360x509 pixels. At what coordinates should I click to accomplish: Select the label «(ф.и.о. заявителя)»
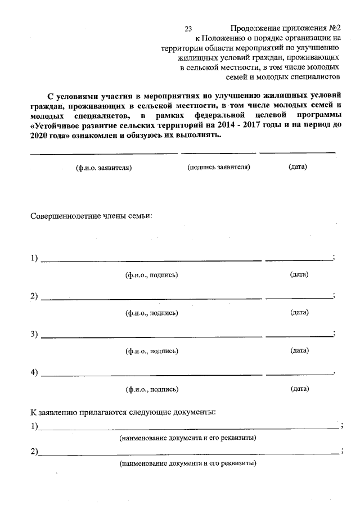(103, 168)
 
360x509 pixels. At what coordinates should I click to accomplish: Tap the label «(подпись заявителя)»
(219, 167)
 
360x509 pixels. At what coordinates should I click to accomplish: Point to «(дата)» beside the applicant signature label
(297, 167)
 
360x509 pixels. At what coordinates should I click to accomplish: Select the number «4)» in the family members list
(34, 372)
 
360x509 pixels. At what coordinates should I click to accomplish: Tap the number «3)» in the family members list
(34, 335)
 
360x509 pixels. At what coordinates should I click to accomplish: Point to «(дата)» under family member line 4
(299, 388)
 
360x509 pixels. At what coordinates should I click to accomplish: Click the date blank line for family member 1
(299, 260)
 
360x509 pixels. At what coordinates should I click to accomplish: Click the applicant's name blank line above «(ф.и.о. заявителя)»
(103, 153)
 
